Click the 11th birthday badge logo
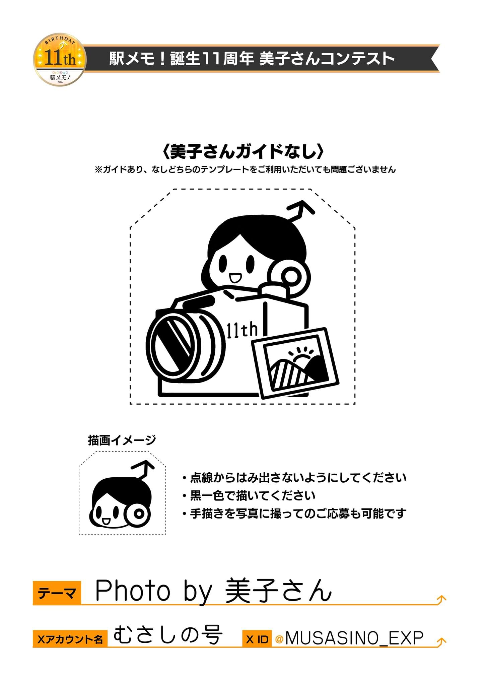pos(60,60)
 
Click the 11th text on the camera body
pos(242,330)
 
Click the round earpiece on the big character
pos(289,275)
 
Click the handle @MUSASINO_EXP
pos(349,638)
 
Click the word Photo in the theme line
pos(133,591)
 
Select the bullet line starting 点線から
pos(294,478)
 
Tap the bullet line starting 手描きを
pos(294,513)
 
